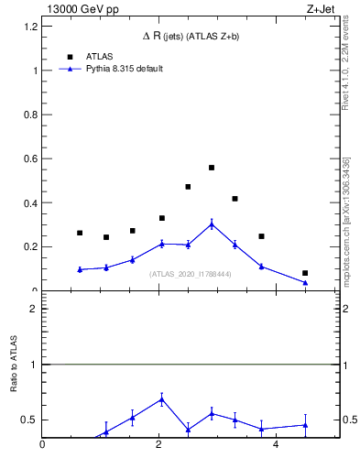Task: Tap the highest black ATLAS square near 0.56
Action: (x=212, y=168)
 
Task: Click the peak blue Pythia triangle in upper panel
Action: (x=212, y=224)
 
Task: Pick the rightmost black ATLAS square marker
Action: (x=305, y=273)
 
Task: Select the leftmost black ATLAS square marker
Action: (x=80, y=233)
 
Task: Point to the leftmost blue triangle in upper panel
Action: (x=80, y=269)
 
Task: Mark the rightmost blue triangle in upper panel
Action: (x=305, y=282)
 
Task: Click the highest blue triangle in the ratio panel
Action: (x=162, y=398)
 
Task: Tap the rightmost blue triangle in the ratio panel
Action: (x=305, y=425)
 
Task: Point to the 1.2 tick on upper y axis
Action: (x=32, y=27)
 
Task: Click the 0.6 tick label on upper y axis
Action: (x=32, y=158)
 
